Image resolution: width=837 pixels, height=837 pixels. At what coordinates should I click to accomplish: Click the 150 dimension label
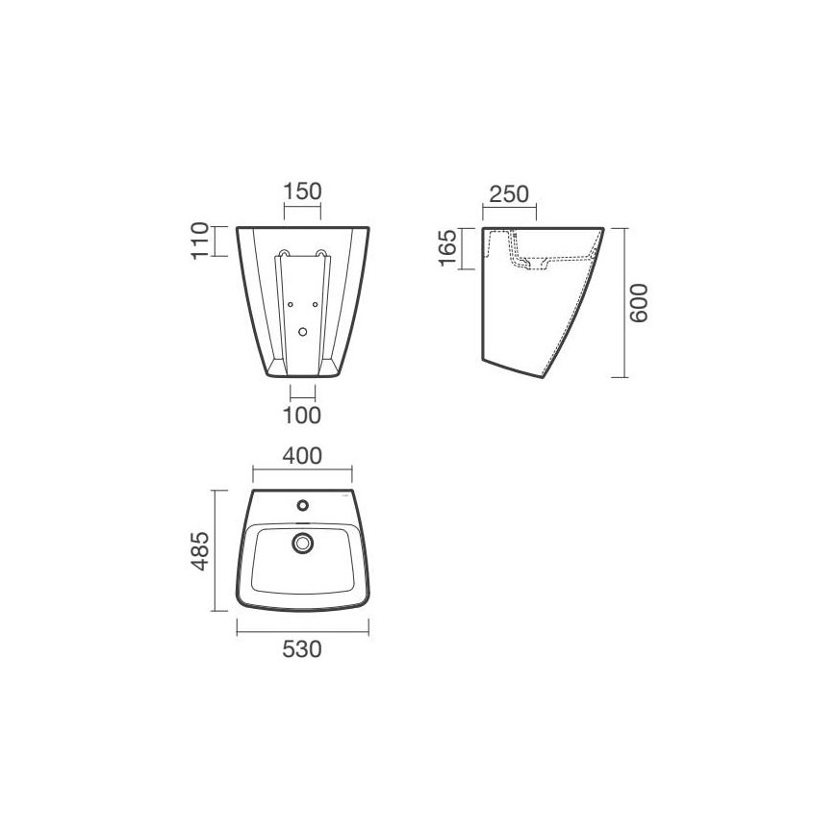[x=302, y=191]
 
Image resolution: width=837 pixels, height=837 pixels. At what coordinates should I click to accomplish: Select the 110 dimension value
[x=200, y=241]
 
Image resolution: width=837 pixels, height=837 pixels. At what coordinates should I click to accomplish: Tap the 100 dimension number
[x=302, y=416]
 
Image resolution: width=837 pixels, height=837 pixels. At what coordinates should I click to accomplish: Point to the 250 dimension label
[x=509, y=194]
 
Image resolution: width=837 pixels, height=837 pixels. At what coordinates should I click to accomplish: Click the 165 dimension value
[x=447, y=247]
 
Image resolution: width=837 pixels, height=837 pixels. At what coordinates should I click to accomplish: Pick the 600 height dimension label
[x=639, y=303]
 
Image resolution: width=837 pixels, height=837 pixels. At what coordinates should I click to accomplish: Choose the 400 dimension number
[x=302, y=456]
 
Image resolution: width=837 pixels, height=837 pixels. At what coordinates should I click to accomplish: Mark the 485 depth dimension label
[x=201, y=551]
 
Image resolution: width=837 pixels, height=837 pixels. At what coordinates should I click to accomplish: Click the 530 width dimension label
[x=302, y=649]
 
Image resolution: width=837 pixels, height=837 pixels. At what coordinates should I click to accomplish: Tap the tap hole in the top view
[x=303, y=504]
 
